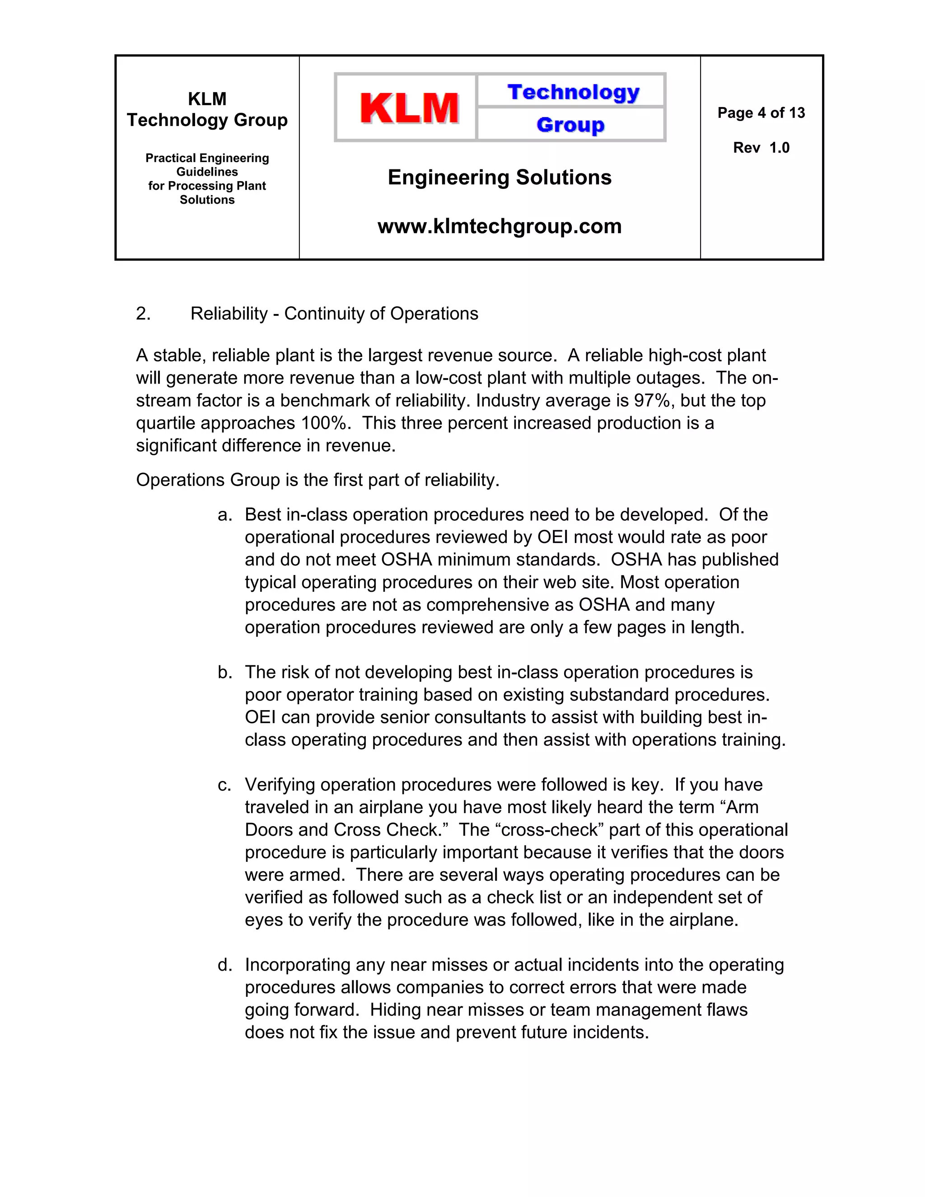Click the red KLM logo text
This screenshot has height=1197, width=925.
coord(409,108)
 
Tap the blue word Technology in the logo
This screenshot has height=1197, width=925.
coord(573,92)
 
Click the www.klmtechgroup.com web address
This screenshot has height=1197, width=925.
coord(499,226)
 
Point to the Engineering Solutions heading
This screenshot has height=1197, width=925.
coord(499,178)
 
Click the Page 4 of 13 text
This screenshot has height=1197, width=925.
coord(761,113)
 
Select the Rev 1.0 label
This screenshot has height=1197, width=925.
coord(761,148)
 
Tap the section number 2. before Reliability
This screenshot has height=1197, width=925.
coord(143,313)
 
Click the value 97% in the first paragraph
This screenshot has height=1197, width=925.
coord(652,401)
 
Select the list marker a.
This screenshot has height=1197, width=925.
coord(224,514)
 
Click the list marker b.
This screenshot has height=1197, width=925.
coord(224,672)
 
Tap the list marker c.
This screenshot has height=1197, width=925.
coord(224,785)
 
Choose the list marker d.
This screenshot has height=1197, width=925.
coord(224,965)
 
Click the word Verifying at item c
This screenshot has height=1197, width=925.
coord(280,785)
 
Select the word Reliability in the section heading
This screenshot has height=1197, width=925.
coord(229,313)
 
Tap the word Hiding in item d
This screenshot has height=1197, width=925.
coord(395,1010)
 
